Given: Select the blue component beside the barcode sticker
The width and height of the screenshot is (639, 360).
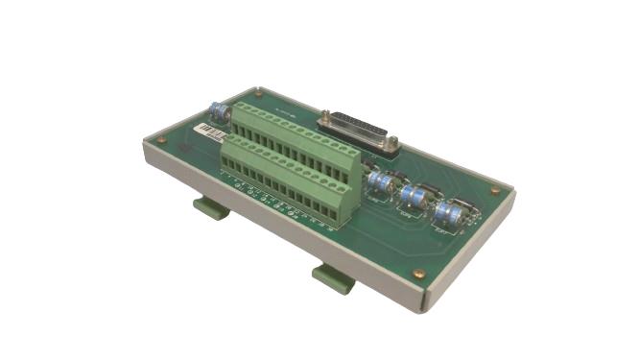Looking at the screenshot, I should click(221, 111).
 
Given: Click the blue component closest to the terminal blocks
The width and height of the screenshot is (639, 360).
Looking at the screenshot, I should click(382, 184).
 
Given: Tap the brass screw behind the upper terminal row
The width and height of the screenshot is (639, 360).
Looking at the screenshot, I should click(258, 94).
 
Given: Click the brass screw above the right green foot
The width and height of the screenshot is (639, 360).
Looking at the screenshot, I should click(417, 274).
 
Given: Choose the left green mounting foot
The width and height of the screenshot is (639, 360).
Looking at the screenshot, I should click(211, 206).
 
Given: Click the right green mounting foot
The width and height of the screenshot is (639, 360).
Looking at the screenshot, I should click(334, 278).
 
